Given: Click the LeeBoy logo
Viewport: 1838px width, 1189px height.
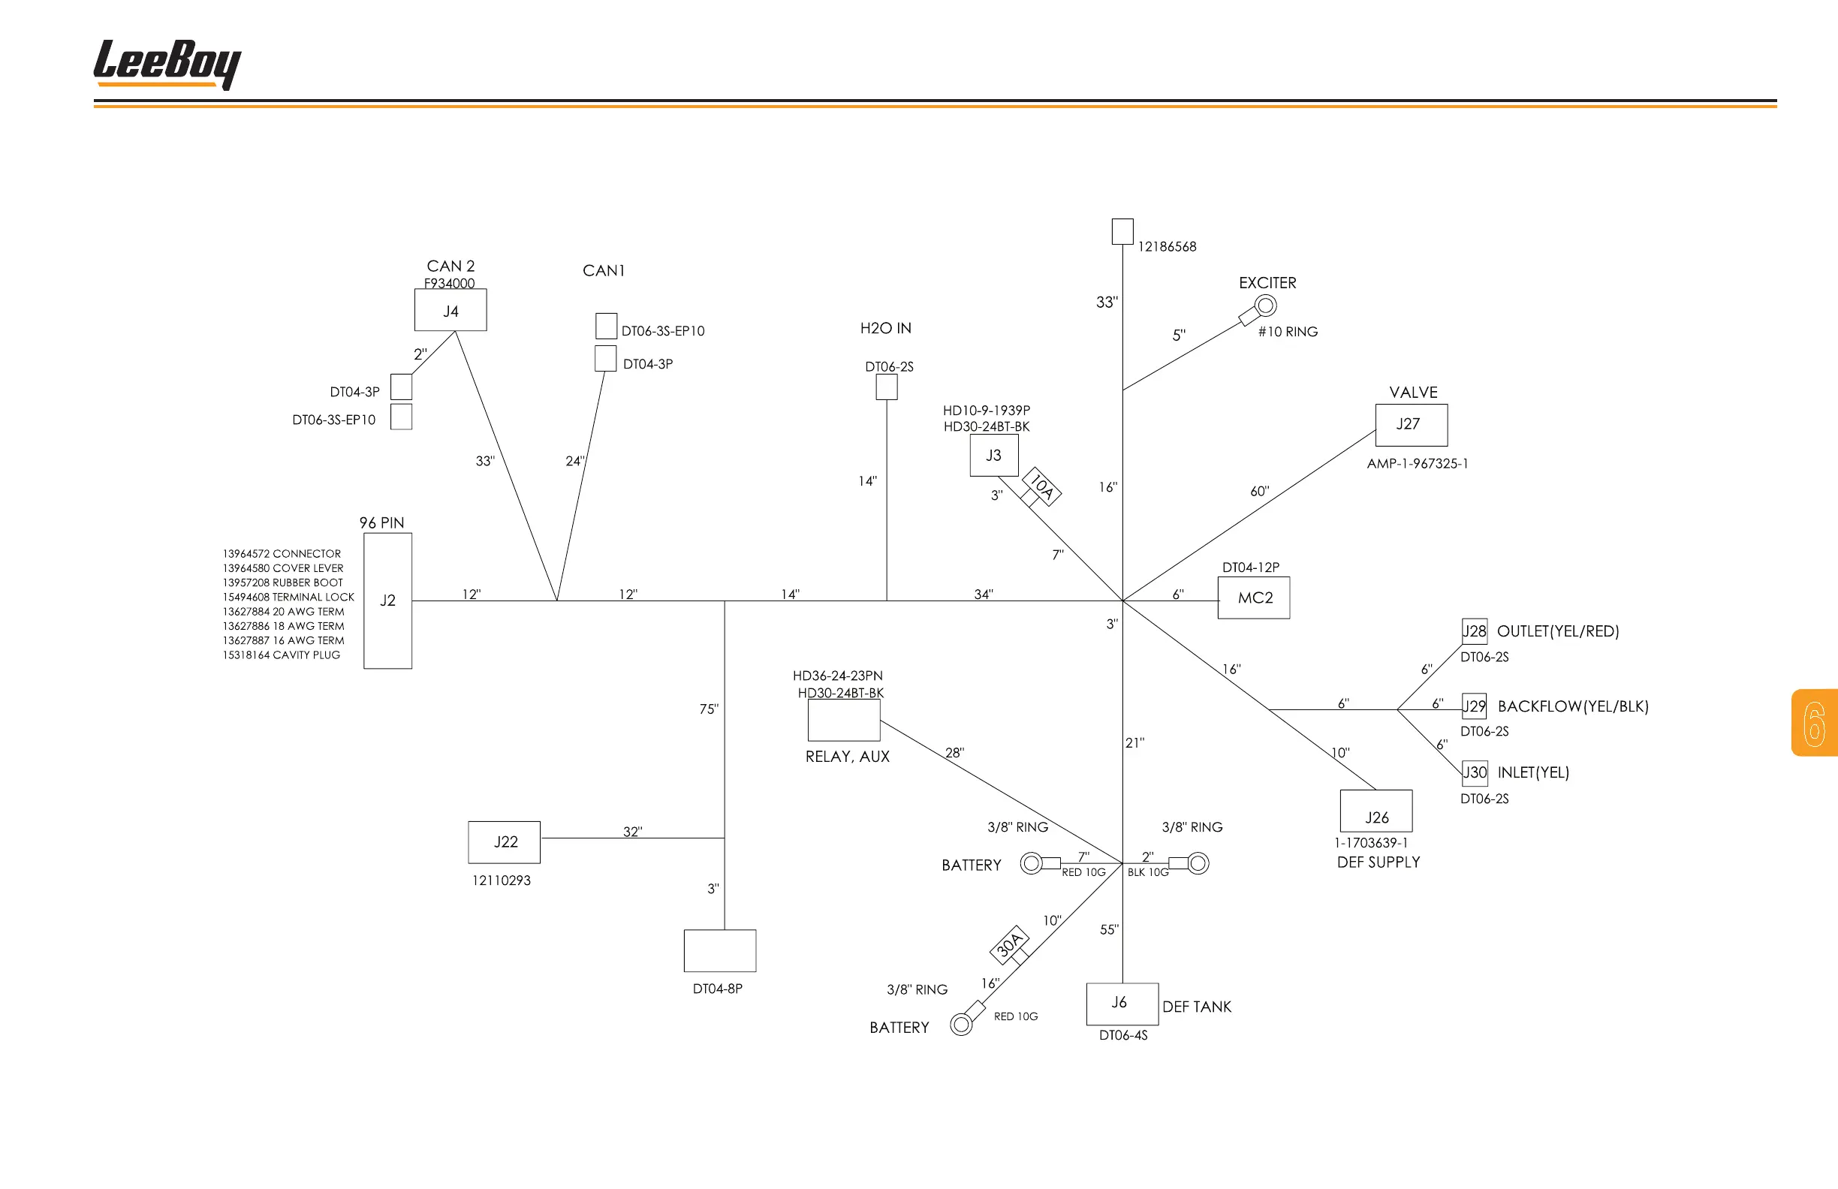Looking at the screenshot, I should pyautogui.click(x=167, y=64).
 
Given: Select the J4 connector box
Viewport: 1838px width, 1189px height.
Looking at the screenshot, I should pyautogui.click(x=450, y=310).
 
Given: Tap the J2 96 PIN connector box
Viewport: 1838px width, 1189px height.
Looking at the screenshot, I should pyautogui.click(x=387, y=601).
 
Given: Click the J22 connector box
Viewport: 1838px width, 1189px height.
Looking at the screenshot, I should pyautogui.click(x=505, y=842).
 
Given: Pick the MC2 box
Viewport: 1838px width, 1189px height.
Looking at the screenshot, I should pyautogui.click(x=1253, y=598).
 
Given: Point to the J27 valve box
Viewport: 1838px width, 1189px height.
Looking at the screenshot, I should pyautogui.click(x=1411, y=425).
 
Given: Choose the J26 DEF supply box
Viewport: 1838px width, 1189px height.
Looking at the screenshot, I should pyautogui.click(x=1376, y=811).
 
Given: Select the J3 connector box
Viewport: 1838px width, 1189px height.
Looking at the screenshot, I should pyautogui.click(x=994, y=456).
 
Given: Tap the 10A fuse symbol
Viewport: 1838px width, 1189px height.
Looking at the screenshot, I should pyautogui.click(x=1042, y=487).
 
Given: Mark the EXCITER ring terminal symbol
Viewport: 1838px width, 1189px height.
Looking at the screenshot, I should pyautogui.click(x=1265, y=306).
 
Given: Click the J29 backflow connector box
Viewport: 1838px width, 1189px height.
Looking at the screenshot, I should pyautogui.click(x=1474, y=706).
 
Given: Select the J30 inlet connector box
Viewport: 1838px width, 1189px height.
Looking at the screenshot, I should pyautogui.click(x=1475, y=773).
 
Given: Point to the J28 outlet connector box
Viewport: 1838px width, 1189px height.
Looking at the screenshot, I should pyautogui.click(x=1475, y=631).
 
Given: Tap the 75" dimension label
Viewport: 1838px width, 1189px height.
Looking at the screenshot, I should pyautogui.click(x=709, y=709).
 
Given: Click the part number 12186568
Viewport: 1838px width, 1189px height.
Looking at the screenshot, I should pyautogui.click(x=1167, y=247).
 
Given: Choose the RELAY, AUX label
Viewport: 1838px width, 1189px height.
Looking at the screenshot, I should pyautogui.click(x=847, y=757).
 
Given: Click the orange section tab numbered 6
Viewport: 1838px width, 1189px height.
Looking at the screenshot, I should pyautogui.click(x=1814, y=723).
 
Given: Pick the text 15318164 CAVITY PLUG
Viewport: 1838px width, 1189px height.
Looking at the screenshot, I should pyautogui.click(x=281, y=655).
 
